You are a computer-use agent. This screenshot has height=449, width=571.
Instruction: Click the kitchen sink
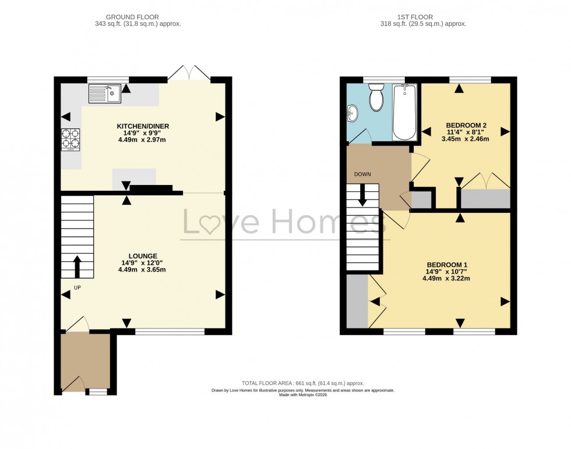tap(104, 93)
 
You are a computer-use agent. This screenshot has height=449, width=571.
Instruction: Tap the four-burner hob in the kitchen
tap(71, 138)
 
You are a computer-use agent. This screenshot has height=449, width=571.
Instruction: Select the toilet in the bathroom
tap(376, 97)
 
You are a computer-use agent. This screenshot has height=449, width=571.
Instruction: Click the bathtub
tap(405, 112)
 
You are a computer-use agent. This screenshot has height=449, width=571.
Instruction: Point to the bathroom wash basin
tap(353, 113)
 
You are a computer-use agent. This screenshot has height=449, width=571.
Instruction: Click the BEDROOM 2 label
tap(466, 126)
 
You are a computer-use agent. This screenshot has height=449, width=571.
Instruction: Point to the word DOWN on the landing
tap(362, 174)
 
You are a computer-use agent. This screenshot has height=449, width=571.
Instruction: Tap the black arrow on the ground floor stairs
tap(76, 266)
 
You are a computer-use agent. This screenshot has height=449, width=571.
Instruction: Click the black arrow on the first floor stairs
tap(362, 194)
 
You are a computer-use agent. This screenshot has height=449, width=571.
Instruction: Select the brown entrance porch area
tap(85, 361)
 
